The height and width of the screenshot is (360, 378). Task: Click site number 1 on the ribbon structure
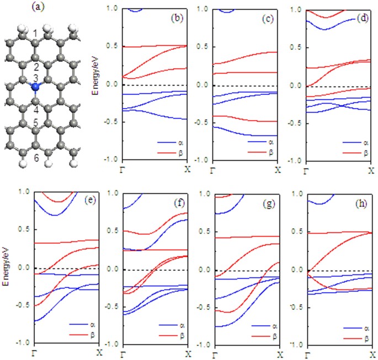coord(35,34)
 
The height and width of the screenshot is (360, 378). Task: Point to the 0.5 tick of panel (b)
coord(112,47)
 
